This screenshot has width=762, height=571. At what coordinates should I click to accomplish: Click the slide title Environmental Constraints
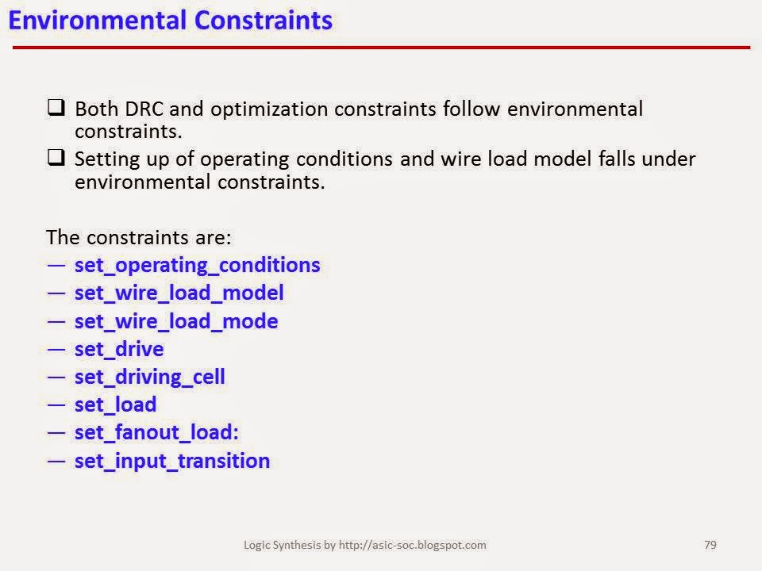click(x=170, y=20)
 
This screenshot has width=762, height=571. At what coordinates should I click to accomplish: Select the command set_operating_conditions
click(x=197, y=265)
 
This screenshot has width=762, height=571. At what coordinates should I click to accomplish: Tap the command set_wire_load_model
click(x=179, y=293)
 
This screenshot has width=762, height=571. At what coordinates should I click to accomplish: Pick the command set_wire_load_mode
click(x=175, y=321)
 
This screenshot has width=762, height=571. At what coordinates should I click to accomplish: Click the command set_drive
click(x=119, y=348)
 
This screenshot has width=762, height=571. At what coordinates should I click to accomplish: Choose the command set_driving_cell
click(x=149, y=377)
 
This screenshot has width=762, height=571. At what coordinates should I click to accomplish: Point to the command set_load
click(x=115, y=404)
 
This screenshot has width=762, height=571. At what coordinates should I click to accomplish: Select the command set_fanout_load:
click(x=156, y=432)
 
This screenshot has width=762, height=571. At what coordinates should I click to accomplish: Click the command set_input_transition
click(x=171, y=461)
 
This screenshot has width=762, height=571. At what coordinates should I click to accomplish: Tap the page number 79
click(x=710, y=545)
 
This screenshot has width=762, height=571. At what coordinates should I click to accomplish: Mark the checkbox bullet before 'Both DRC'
click(x=56, y=108)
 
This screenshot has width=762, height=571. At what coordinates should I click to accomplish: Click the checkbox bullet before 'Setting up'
click(x=56, y=158)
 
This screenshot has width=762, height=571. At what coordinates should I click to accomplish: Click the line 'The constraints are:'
click(x=139, y=237)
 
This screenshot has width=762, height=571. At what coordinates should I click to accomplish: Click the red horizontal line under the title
click(x=381, y=48)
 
